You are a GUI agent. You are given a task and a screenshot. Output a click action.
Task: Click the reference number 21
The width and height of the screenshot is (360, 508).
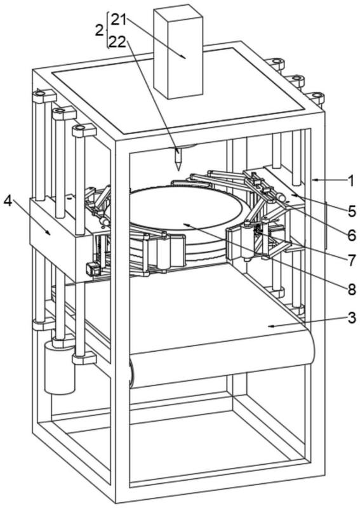pyautogui.click(x=119, y=20)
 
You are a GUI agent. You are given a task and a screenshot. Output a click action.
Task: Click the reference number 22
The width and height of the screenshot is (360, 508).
pyautogui.click(x=117, y=42)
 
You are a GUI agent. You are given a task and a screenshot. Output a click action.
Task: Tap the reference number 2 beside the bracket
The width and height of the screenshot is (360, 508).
pyautogui.click(x=100, y=30)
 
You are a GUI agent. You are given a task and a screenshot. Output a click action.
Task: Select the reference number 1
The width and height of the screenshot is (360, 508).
pyautogui.click(x=350, y=181)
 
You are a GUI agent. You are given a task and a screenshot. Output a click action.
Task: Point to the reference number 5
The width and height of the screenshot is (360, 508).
pyautogui.click(x=352, y=211)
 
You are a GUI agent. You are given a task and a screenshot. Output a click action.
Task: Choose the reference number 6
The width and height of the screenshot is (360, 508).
pyautogui.click(x=352, y=236)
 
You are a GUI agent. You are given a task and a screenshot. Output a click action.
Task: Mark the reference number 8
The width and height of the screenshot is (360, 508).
pyautogui.click(x=352, y=290)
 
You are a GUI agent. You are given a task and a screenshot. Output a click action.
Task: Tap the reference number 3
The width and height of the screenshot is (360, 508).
pyautogui.click(x=352, y=318)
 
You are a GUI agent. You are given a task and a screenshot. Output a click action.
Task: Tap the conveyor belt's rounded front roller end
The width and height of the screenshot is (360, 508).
pyautogui.click(x=131, y=373)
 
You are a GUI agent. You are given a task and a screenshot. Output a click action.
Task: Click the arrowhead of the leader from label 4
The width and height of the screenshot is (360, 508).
pyautogui.click(x=49, y=232)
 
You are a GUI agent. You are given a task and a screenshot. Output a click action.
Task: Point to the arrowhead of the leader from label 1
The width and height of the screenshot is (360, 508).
pyautogui.click(x=314, y=179)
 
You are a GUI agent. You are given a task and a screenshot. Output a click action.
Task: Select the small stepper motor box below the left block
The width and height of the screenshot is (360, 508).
pyautogui.click(x=91, y=269)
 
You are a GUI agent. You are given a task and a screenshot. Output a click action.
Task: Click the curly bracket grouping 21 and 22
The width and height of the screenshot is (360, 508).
pyautogui.click(x=107, y=30)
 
